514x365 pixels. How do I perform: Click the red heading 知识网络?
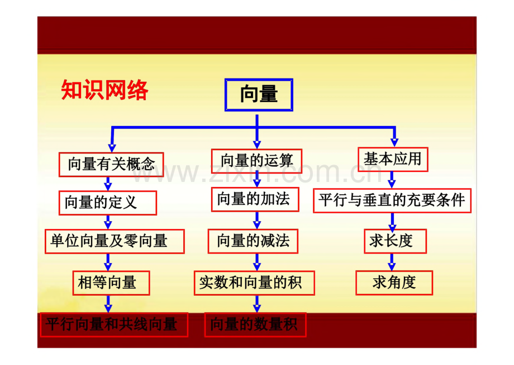[x=104, y=90]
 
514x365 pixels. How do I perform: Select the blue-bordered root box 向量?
[x=259, y=95]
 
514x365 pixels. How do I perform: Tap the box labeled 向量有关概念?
[x=111, y=164]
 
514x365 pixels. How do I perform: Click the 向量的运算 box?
[x=256, y=161]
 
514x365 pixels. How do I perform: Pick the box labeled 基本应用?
[x=393, y=160]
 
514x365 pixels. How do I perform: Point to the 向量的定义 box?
[x=107, y=203]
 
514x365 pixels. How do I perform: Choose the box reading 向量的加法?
[x=255, y=199]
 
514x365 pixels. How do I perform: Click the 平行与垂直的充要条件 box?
[x=392, y=200]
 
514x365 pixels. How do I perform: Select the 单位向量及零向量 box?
[x=115, y=241]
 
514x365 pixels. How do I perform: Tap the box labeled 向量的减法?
[x=253, y=241]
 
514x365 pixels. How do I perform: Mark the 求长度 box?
[x=395, y=241]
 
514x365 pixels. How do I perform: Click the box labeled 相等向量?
[x=111, y=283]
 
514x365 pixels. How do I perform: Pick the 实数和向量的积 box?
[x=254, y=283]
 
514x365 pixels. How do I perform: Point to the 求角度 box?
[x=394, y=283]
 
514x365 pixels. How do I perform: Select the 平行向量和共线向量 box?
[x=114, y=325]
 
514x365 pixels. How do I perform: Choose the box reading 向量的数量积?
[x=255, y=325]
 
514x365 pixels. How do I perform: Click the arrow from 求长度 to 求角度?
[x=392, y=262]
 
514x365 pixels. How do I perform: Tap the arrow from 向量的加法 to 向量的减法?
[x=257, y=221]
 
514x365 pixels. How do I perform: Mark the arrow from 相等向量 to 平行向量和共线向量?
[x=108, y=304]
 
